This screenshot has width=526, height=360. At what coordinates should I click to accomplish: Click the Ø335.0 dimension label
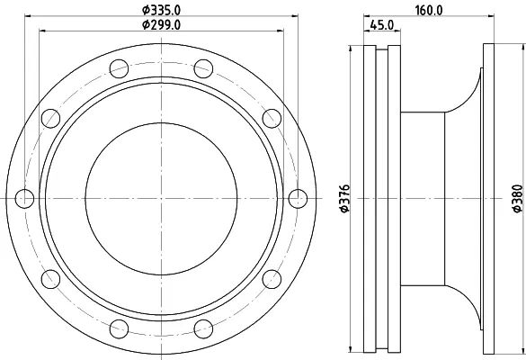point(161,10)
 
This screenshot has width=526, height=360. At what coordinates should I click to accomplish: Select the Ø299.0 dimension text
point(161,25)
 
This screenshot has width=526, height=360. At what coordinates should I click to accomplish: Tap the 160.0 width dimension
point(429,11)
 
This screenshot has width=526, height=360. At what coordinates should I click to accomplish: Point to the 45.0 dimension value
point(382,25)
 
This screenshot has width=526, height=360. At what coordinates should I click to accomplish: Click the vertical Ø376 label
point(344,199)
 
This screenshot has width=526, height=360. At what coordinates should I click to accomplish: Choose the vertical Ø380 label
point(517,198)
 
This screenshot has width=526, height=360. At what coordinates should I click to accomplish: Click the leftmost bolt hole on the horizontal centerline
point(24,199)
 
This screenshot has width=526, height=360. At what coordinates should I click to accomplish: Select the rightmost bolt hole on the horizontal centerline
point(298,199)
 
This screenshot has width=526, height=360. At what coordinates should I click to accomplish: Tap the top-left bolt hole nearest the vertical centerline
point(119,68)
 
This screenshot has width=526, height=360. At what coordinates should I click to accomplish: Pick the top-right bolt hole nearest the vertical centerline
point(203,68)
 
